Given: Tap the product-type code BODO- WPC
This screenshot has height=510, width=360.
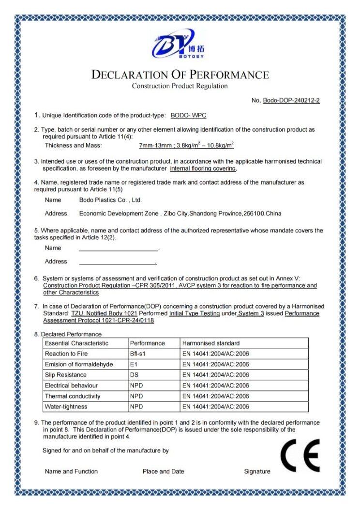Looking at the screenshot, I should coord(188,116).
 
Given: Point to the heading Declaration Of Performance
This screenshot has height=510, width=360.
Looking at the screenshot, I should coord(180,75).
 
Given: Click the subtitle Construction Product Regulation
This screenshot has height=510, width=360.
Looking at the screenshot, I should coord(180,86).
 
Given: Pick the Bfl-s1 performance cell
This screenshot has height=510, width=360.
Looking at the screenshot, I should coord(138,354).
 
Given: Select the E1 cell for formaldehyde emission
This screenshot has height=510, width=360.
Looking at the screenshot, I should coord(134,364).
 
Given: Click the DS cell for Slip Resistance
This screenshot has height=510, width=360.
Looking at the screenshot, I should coord(135,375).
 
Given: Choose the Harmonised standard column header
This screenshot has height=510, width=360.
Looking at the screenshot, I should coord(210,343).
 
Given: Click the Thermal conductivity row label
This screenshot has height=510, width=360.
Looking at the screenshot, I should coord(73,396).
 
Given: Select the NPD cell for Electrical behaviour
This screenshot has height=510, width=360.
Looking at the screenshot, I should coord(136,386).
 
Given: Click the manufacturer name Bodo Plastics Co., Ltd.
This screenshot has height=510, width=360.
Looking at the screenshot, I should coord(110,200).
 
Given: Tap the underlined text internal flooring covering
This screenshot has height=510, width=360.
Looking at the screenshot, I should coord(203,169).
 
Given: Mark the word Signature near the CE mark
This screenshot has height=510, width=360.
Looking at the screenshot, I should coord(257,471).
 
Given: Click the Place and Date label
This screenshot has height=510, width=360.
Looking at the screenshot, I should coord(163,471).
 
